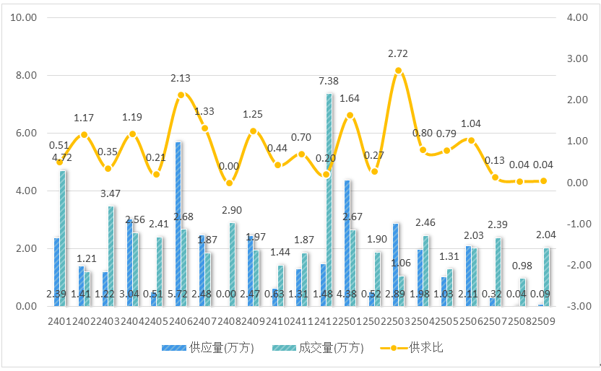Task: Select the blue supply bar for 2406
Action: click(178, 224)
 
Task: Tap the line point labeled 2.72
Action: click(398, 70)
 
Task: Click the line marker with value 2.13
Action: click(181, 95)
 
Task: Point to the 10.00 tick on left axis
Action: click(25, 18)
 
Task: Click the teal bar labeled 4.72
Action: click(63, 238)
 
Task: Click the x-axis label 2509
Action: click(543, 320)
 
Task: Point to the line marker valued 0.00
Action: click(229, 183)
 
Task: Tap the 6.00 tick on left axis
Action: click(25, 134)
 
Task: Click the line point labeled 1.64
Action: click(350, 115)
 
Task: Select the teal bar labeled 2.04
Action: click(546, 276)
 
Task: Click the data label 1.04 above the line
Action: click(470, 123)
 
